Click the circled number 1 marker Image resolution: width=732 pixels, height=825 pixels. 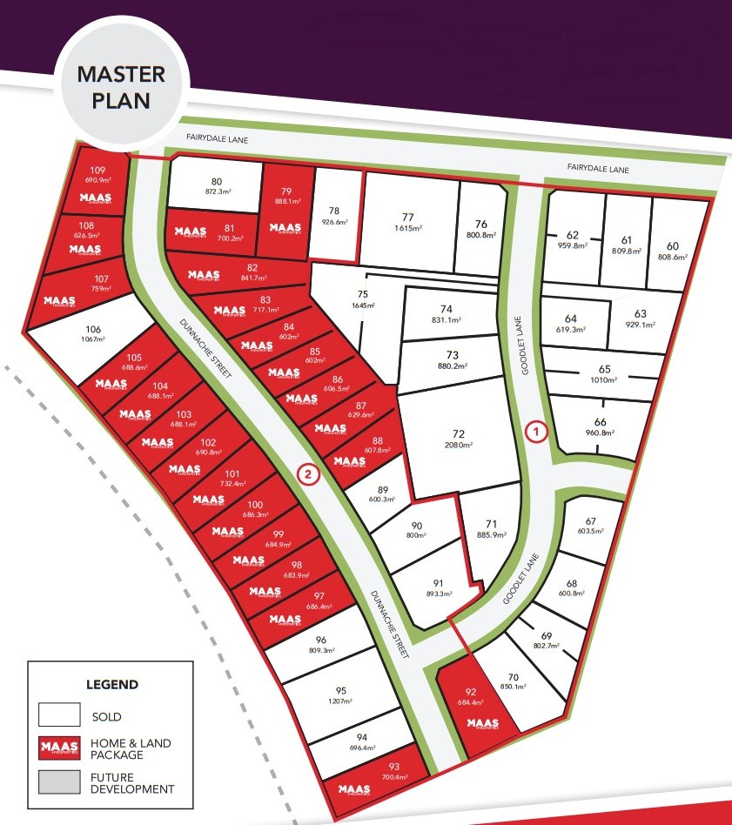[537, 431]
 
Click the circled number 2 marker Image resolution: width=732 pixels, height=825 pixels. [307, 473]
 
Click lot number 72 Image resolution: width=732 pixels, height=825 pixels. [459, 433]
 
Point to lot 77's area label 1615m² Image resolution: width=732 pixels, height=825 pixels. [407, 228]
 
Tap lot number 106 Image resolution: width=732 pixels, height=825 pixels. [94, 330]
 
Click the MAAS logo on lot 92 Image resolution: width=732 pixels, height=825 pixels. [481, 723]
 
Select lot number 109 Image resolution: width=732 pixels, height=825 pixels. [97, 170]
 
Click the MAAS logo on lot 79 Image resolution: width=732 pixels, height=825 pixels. [285, 229]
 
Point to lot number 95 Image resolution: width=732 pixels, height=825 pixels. [340, 690]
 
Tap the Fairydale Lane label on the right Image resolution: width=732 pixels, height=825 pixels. [597, 169]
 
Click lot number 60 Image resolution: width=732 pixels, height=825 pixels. [673, 245]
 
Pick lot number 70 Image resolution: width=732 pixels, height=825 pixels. [513, 677]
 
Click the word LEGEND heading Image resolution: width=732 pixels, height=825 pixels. [111, 684]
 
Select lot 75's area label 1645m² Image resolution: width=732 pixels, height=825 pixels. [363, 305]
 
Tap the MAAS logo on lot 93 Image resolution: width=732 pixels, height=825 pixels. [355, 790]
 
